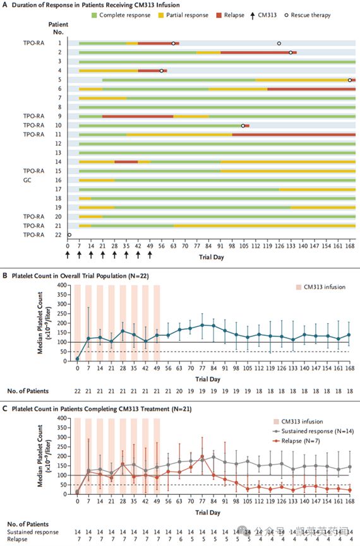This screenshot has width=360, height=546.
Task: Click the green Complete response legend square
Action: point(94,15)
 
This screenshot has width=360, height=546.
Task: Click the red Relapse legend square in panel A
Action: point(219,15)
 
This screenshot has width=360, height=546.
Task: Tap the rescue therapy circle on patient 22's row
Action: point(69,235)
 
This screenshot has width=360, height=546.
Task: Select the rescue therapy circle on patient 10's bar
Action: point(243,126)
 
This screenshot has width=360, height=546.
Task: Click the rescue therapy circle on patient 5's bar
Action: point(350,80)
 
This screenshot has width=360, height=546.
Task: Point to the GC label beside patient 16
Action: point(27,180)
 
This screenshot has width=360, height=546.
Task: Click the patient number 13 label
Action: point(58,153)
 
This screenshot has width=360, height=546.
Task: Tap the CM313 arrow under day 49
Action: point(150,255)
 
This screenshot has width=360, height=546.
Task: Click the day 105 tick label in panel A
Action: point(244,246)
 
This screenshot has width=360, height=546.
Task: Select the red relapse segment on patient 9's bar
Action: point(138,116)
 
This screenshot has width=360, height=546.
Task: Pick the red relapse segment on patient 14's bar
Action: point(126,162)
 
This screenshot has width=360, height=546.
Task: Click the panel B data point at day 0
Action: point(77,359)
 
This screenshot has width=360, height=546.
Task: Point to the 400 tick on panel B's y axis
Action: point(62,285)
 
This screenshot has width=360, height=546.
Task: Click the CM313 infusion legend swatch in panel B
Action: point(299,287)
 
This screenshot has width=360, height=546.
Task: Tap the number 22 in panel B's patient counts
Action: point(77,391)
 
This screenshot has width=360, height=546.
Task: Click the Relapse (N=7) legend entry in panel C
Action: point(296,441)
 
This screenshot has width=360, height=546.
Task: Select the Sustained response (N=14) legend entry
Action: point(313,431)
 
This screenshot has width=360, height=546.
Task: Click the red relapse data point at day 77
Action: point(202,456)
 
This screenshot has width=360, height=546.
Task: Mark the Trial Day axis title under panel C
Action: point(208,513)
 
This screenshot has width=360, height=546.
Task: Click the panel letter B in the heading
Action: point(5,276)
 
